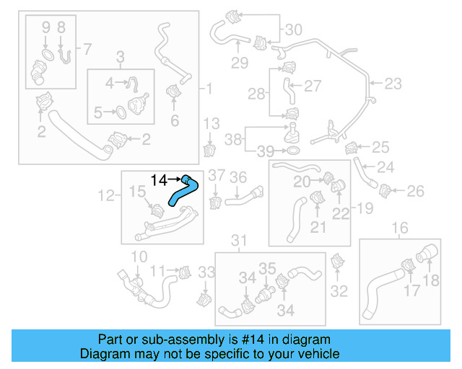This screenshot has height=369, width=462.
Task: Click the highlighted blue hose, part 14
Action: tap(180, 193)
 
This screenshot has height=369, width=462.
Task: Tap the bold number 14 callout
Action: tap(158, 178)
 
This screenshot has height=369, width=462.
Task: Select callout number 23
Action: tap(392, 84)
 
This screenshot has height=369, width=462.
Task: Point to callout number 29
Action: tap(240, 63)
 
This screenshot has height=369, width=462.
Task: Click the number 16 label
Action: tap(399, 229)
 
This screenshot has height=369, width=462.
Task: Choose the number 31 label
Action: tap(238, 240)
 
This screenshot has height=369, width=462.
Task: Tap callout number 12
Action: tap(106, 195)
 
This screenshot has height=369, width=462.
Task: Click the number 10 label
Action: tap(139, 257)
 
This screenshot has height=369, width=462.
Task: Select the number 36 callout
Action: tap(238, 177)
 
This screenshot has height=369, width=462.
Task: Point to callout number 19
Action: tap(364, 208)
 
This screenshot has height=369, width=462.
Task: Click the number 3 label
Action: tap(121, 56)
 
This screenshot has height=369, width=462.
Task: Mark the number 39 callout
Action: tap(266, 151)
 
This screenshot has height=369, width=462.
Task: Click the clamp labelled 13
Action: tap(211, 150)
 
